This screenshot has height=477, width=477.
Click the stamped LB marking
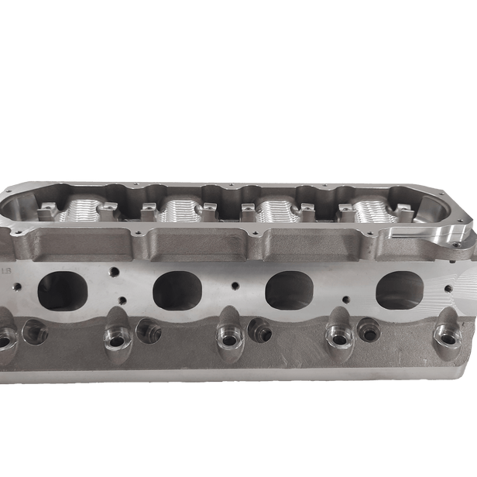(8, 273)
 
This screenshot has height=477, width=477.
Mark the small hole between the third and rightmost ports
(345, 283)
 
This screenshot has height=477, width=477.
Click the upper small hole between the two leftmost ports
(114, 272)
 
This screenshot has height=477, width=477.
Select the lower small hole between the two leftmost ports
(120, 300)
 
